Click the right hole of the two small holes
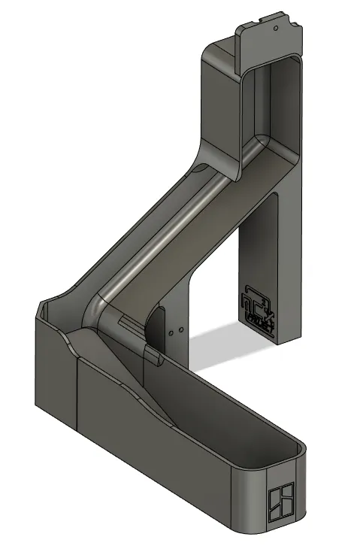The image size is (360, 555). (180, 329)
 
